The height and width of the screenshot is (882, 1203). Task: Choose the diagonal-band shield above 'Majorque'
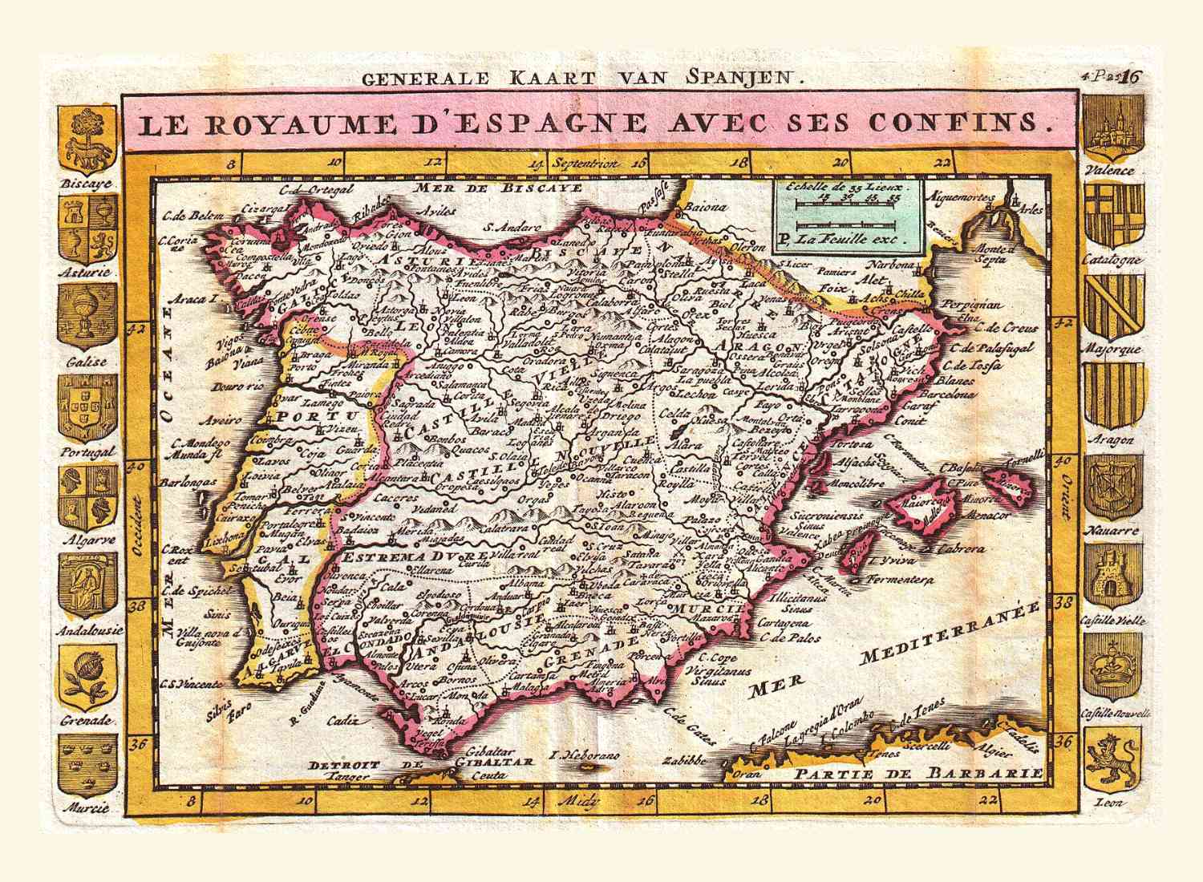[1111, 305]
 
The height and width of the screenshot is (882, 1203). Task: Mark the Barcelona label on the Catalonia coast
[951, 394]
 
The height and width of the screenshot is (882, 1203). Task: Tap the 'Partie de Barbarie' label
[920, 773]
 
